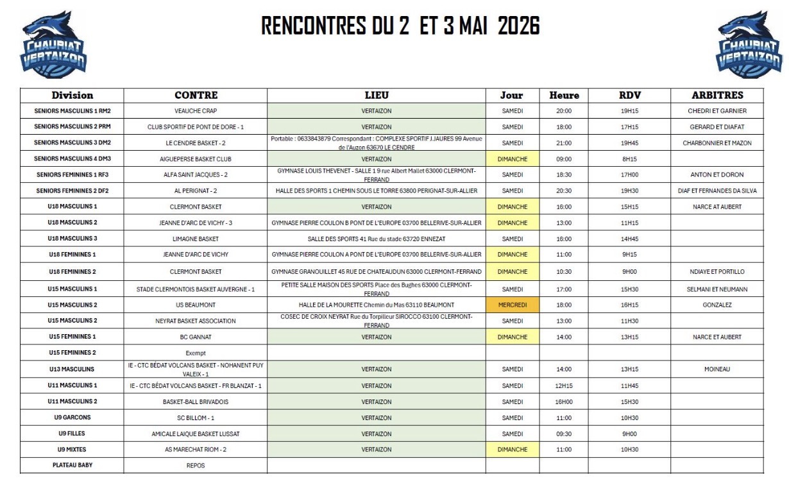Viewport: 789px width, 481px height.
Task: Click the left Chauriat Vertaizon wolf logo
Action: [53, 44]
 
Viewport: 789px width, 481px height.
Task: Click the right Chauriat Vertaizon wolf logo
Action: [749, 44]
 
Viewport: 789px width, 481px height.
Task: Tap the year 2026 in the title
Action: [518, 26]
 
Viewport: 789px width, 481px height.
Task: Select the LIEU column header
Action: [376, 96]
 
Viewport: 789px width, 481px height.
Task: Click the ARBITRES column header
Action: [717, 96]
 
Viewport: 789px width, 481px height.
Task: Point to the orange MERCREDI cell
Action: [512, 305]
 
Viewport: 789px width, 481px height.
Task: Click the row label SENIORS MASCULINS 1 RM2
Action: [72, 111]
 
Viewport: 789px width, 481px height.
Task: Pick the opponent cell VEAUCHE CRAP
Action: [196, 111]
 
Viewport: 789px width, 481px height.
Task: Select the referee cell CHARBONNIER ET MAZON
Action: [717, 143]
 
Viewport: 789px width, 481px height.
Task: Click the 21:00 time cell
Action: [564, 143]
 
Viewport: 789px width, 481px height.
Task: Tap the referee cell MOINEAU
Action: [717, 369]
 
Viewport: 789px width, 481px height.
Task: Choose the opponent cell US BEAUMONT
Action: [196, 305]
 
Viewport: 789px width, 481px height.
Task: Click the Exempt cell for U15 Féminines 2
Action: [196, 353]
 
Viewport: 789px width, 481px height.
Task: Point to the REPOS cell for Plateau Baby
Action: [196, 466]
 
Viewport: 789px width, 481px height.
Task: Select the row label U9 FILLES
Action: [72, 434]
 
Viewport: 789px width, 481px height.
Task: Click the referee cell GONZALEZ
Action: [717, 305]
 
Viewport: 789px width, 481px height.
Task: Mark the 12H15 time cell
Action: [564, 385]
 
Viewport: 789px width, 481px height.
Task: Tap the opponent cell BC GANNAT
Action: [196, 337]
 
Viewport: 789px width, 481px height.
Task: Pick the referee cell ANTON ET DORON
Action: [717, 174]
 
